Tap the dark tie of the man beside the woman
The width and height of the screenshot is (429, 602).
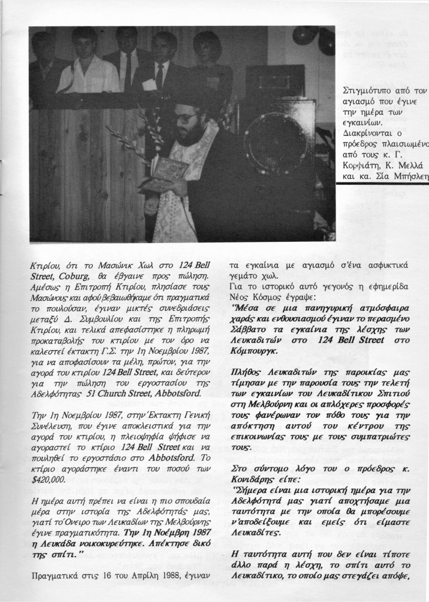tap(159, 75)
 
